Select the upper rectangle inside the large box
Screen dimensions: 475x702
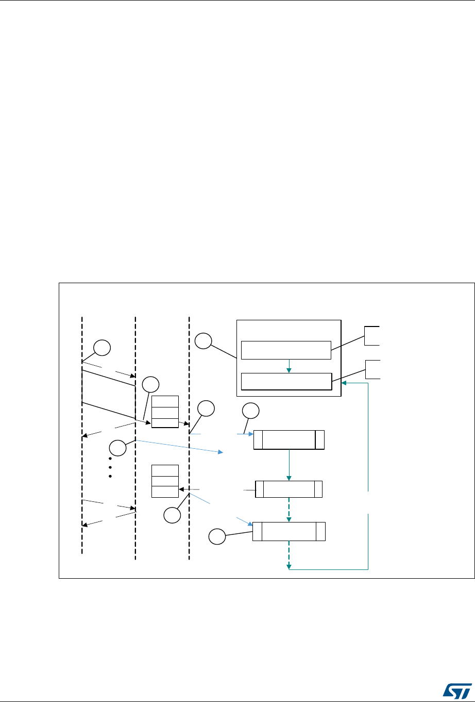tap(285, 349)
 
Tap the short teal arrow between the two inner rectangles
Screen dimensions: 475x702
tap(289, 365)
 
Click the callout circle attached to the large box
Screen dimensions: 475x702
tap(203, 340)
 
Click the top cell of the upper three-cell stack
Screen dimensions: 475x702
tap(165, 402)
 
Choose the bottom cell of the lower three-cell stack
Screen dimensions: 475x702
tap(165, 492)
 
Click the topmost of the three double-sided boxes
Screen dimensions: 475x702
tap(289, 439)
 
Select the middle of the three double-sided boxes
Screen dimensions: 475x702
tap(289, 489)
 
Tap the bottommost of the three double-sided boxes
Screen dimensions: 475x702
tap(289, 531)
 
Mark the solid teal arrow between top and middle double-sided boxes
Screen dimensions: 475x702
tap(289, 465)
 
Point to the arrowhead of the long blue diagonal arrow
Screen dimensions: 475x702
tap(222, 452)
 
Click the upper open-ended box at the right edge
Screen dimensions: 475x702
tap(372, 336)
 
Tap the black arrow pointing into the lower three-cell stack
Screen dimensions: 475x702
tap(182, 488)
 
